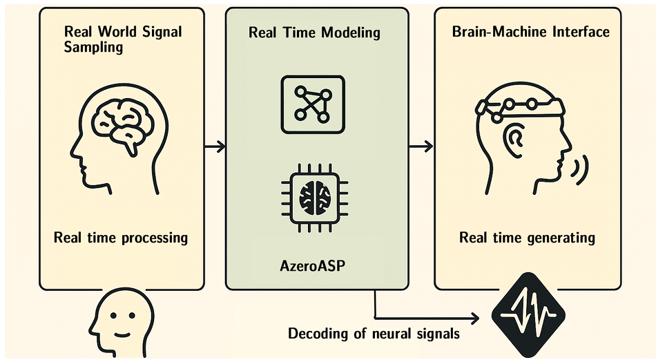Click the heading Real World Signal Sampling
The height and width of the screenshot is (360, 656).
click(123, 39)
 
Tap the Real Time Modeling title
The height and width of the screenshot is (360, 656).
click(314, 32)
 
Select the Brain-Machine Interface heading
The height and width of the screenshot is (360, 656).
click(530, 32)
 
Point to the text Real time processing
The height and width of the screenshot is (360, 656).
click(121, 238)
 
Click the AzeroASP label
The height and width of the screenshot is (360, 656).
click(313, 266)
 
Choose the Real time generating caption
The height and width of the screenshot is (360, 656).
click(527, 238)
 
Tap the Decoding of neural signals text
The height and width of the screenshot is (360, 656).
click(374, 334)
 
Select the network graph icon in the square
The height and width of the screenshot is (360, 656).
click(313, 104)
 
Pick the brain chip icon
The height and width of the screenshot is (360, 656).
click(315, 198)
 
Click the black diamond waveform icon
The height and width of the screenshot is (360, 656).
click(528, 315)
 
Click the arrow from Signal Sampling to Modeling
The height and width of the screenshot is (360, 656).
click(215, 146)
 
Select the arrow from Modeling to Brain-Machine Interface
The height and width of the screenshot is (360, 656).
click(421, 146)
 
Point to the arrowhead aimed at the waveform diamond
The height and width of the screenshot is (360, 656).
click(475, 319)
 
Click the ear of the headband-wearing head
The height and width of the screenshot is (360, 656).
click(513, 140)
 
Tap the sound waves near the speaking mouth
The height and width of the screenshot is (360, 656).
click(581, 169)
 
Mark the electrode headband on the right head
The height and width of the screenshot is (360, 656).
click(520, 107)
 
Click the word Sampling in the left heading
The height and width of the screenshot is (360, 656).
click(93, 47)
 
